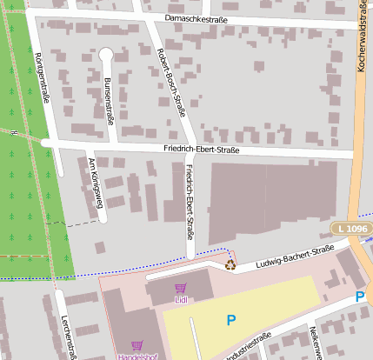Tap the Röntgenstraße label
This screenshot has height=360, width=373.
pos(40,77)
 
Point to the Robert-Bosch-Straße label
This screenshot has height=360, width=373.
pos(171,82)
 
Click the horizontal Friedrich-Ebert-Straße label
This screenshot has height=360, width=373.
pos(201,150)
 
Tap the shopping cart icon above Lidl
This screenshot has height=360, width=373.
pos(180,289)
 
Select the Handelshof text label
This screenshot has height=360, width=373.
pos(137,356)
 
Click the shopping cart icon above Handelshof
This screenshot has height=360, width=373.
pos(137,344)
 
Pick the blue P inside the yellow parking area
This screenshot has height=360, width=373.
pos(230,320)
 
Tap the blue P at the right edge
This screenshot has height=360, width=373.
pos(360,297)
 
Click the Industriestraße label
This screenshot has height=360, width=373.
pos(249,347)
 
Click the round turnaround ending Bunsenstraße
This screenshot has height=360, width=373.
pos(106,55)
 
